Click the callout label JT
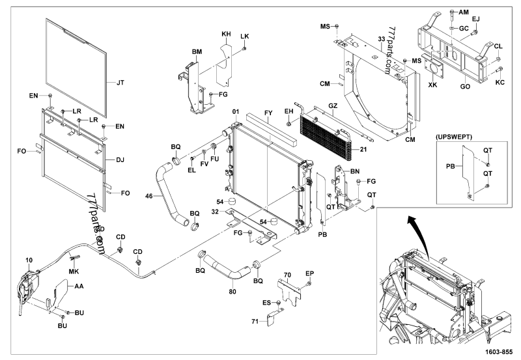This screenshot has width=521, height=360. [120, 83]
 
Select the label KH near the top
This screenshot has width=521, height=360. [226, 33]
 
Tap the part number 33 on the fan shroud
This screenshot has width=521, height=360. [382, 40]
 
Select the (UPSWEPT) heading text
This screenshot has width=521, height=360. [455, 138]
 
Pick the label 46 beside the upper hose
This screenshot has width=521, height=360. [149, 195]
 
